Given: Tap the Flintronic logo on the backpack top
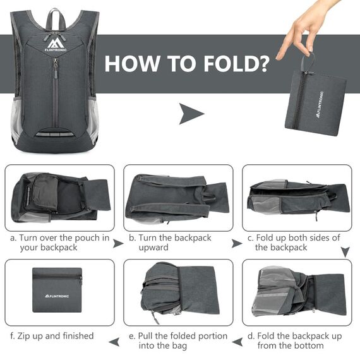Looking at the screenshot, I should click(x=55, y=42).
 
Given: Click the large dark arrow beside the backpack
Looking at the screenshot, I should click(x=191, y=114).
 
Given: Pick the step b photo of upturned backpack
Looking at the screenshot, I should click(x=178, y=198).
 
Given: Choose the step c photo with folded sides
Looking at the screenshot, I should click(x=297, y=198).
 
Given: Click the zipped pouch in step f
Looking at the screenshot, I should click(x=57, y=287).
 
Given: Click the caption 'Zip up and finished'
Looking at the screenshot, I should click(x=52, y=336).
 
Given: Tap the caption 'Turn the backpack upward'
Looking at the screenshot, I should click(x=170, y=243).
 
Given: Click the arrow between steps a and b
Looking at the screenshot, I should click(x=118, y=243).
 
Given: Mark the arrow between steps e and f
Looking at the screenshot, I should click(x=114, y=341).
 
